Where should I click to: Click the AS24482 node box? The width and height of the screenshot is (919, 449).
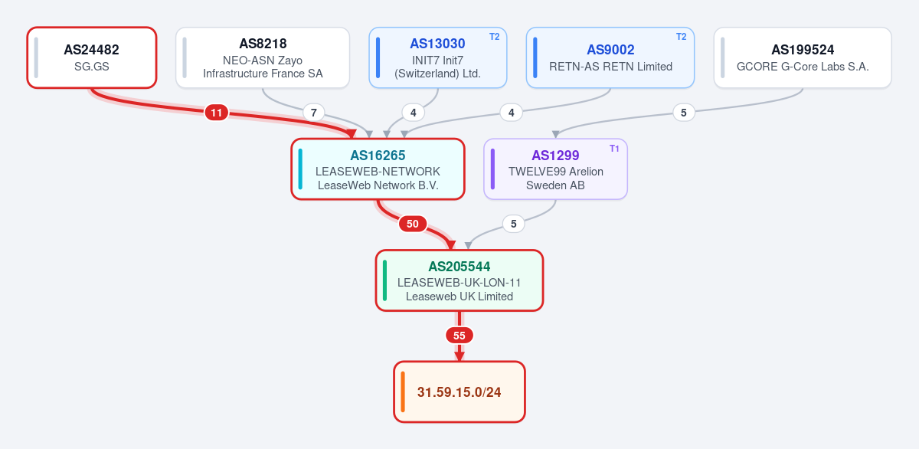[92, 57]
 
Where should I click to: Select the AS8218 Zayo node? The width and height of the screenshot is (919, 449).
[263, 57]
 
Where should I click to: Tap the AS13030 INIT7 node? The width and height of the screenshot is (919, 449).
[438, 57]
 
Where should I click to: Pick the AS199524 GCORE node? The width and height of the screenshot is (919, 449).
[803, 57]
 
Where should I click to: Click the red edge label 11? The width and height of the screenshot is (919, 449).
[216, 113]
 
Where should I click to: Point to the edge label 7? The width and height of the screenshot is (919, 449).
[314, 113]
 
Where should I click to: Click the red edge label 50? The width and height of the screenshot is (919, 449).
[413, 224]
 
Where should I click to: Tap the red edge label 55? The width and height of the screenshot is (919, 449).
[459, 336]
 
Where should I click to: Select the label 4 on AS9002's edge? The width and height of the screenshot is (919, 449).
[512, 113]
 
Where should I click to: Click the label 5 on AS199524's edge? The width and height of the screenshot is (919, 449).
[684, 113]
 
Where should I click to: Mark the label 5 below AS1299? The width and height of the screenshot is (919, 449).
[514, 224]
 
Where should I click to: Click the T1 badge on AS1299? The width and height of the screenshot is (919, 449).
[614, 149]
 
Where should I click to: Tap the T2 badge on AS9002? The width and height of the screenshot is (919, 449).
[681, 37]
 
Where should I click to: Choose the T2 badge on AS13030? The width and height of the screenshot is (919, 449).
[495, 37]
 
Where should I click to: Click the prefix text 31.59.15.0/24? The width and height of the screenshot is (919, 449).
[459, 392]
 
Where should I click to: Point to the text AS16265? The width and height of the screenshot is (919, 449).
[378, 155]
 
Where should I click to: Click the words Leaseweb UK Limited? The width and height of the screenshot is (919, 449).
[459, 297]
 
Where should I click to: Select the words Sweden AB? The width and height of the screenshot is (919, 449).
[555, 185]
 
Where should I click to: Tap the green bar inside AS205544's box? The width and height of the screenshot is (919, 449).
[384, 280]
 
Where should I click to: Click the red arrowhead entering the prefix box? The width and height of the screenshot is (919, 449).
[459, 356]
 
